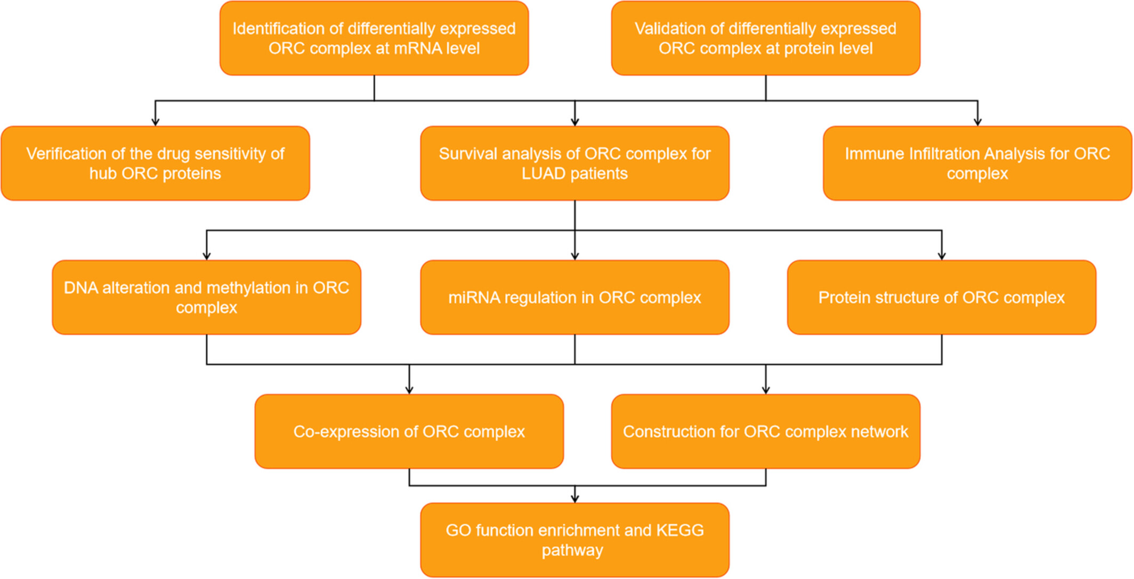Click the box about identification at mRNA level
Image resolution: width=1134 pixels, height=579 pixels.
(374, 38)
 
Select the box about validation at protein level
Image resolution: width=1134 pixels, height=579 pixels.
(766, 38)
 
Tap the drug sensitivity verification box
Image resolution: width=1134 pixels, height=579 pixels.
(155, 163)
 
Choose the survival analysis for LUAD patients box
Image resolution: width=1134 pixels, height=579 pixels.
(574, 163)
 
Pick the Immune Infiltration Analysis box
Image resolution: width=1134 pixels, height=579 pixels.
(977, 163)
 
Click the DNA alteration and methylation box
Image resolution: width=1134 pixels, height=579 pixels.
(206, 297)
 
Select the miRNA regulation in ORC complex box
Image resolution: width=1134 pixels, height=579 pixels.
(574, 297)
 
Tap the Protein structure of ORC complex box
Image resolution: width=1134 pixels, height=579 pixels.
(942, 297)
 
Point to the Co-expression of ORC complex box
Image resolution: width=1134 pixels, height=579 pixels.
(409, 431)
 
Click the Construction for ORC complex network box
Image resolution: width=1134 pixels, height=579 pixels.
(766, 431)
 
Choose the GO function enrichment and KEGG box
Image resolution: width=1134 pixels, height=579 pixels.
(574, 540)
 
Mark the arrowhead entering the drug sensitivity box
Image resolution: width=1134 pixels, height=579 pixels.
(155, 122)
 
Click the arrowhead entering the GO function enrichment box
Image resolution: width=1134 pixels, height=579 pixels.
(574, 498)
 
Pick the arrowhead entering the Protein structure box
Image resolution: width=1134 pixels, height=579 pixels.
(942, 256)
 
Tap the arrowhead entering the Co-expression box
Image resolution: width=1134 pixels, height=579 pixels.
(409, 390)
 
